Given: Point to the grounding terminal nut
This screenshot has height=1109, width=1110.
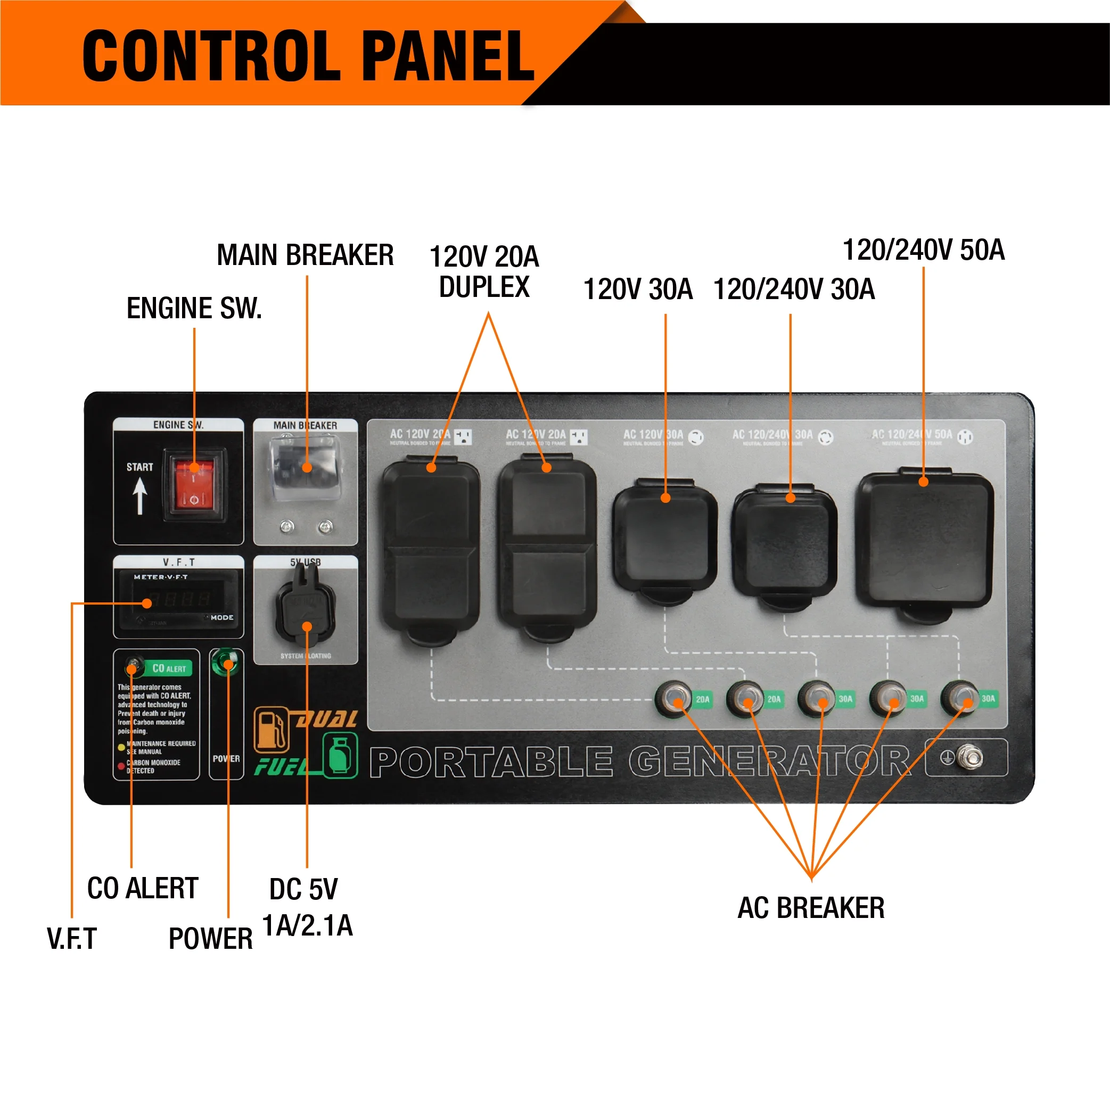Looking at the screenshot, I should click(x=972, y=756).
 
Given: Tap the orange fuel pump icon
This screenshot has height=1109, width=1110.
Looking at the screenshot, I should click(x=271, y=730).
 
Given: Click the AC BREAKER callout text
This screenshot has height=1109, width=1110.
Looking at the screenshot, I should click(x=811, y=908).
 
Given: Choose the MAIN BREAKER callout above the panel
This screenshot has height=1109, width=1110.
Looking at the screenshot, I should click(x=305, y=255).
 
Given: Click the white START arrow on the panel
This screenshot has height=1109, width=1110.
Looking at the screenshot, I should click(x=139, y=495).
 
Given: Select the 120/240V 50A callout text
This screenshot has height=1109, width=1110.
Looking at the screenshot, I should click(x=923, y=250).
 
